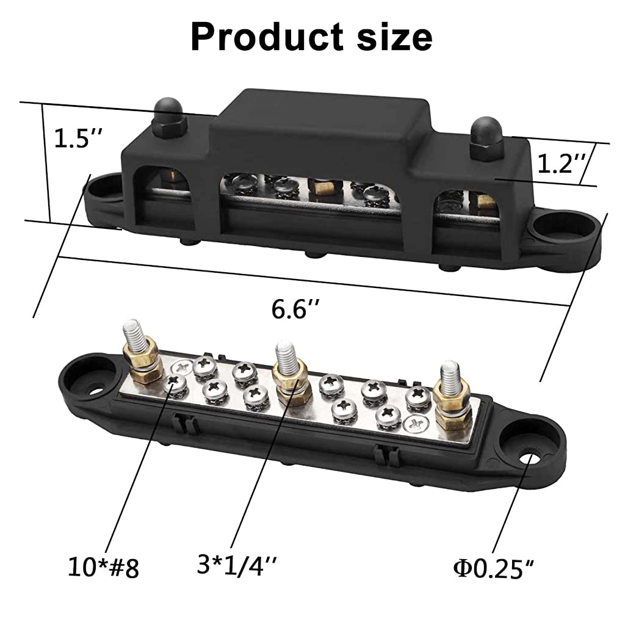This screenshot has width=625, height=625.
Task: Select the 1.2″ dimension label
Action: click(x=562, y=164)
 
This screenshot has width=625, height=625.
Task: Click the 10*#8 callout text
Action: click(x=103, y=568)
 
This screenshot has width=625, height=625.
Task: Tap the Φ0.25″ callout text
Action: click(x=494, y=568)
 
